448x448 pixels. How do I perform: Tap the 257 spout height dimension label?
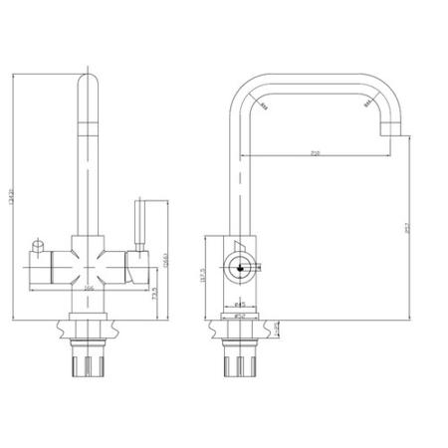[x=408, y=230]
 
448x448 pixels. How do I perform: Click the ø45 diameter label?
[x=240, y=305]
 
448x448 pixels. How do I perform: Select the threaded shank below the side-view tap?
[x=240, y=358]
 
